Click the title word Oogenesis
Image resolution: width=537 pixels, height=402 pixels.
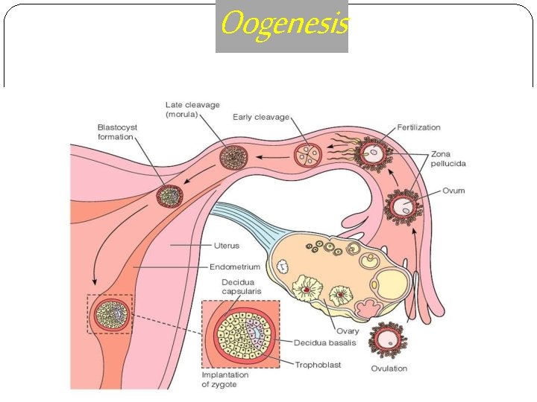283,25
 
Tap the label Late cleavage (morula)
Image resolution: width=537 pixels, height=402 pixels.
192,109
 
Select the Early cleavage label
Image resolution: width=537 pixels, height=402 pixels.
260,117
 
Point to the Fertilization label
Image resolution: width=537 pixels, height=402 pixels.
418,127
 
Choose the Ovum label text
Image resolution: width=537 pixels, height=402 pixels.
453,191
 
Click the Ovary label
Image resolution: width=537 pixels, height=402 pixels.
347,331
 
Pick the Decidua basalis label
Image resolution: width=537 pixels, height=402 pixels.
324,343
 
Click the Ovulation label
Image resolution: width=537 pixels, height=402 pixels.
389,368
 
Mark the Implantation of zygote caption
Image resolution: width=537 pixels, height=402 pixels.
225,380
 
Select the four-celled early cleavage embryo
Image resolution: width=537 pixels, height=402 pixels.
307,155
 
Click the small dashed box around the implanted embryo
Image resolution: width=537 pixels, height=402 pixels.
110,315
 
